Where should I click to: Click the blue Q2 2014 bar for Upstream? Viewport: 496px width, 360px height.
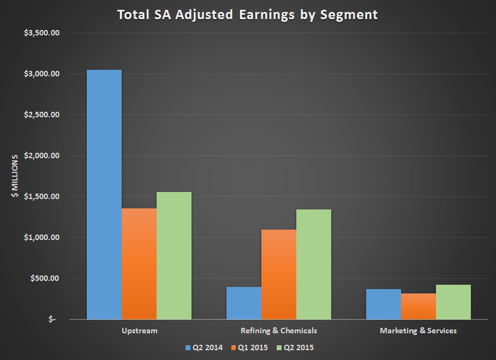[104, 194]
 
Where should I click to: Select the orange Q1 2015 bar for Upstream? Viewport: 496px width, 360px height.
[139, 263]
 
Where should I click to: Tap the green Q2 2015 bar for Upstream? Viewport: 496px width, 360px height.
[174, 255]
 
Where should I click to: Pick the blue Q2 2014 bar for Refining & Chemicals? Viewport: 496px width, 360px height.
[244, 303]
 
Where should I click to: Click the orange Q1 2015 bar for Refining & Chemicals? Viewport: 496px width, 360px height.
[279, 274]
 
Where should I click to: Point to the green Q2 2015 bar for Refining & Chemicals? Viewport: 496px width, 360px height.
[314, 264]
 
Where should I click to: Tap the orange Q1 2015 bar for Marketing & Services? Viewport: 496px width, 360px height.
[419, 306]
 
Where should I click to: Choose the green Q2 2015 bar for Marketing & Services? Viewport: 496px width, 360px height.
[453, 302]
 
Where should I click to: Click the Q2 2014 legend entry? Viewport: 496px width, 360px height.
[204, 347]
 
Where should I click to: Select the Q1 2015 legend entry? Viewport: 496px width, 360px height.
[249, 347]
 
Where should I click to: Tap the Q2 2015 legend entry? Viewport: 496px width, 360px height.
[295, 347]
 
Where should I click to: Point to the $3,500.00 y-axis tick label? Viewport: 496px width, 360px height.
[41, 33]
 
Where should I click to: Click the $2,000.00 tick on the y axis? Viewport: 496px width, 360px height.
[41, 155]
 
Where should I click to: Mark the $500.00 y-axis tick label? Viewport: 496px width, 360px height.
[45, 278]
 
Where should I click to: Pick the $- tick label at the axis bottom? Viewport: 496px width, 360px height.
[52, 320]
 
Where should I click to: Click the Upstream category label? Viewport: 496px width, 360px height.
[139, 331]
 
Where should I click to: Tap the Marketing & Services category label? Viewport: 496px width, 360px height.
[419, 331]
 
